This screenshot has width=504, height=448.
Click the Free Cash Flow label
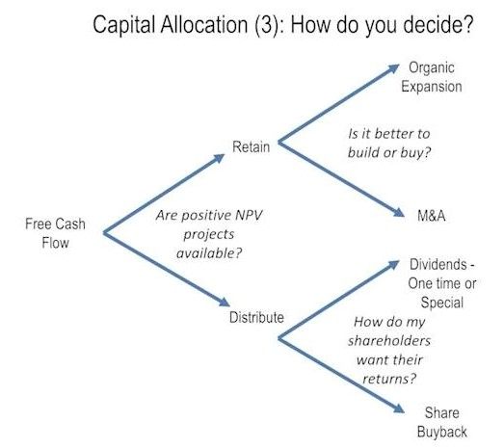tap(55, 233)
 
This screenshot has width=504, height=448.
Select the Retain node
tap(251, 146)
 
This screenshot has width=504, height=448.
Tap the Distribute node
tap(256, 317)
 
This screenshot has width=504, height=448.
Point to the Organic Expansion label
tap(432, 77)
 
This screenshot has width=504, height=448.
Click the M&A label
tap(432, 215)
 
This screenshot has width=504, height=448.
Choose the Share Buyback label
tap(442, 422)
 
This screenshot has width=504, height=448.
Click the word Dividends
tap(438, 265)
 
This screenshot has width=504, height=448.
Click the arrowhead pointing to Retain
tap(220, 158)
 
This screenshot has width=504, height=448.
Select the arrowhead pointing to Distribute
tap(225, 303)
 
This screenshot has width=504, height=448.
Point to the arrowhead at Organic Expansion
tap(394, 67)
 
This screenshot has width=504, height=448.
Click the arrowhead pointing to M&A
tap(399, 212)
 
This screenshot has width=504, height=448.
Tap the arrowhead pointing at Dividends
tap(394, 264)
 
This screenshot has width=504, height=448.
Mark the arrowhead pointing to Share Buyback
tap(399, 408)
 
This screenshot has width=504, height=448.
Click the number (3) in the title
tap(266, 25)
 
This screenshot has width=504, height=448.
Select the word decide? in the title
tap(438, 24)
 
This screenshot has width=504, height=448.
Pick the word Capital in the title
tap(124, 25)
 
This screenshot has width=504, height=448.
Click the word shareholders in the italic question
tap(389, 341)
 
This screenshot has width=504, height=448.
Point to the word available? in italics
tap(209, 253)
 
